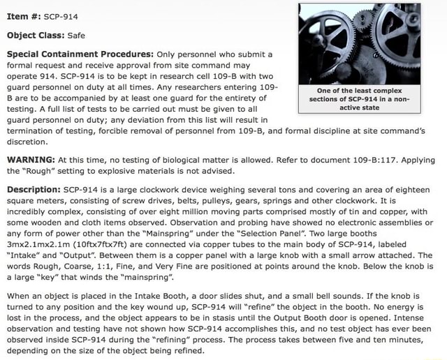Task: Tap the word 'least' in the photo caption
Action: click(369, 90)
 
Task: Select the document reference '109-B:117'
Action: click(373, 158)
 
